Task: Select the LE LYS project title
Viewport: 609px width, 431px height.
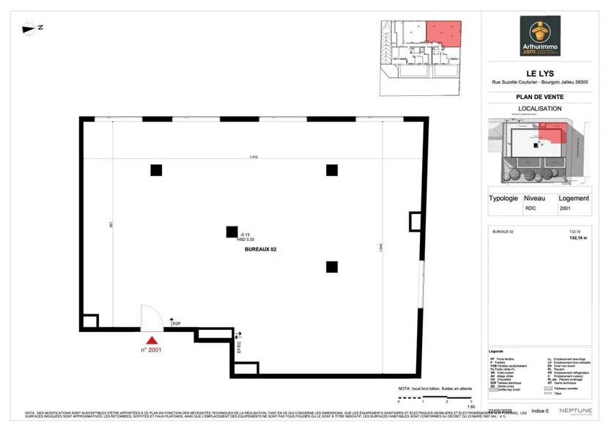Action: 540,72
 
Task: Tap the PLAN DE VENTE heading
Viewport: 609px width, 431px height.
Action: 540,96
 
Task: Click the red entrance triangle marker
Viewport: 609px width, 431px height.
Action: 152,339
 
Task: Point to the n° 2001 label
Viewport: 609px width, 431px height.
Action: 151,350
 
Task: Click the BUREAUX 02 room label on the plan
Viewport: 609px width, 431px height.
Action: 260,249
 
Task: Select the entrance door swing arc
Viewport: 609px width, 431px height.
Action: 152,317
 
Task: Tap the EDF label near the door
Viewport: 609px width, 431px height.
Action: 176,323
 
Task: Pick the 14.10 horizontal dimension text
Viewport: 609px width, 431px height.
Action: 254,157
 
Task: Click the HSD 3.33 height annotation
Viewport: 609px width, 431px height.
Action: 245,239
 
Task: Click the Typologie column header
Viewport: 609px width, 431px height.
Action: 503,198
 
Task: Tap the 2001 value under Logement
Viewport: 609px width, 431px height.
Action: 564,207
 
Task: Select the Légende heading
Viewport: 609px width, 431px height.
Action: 497,351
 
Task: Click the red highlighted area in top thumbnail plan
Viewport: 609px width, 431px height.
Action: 443,32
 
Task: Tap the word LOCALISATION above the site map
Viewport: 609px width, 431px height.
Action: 540,108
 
